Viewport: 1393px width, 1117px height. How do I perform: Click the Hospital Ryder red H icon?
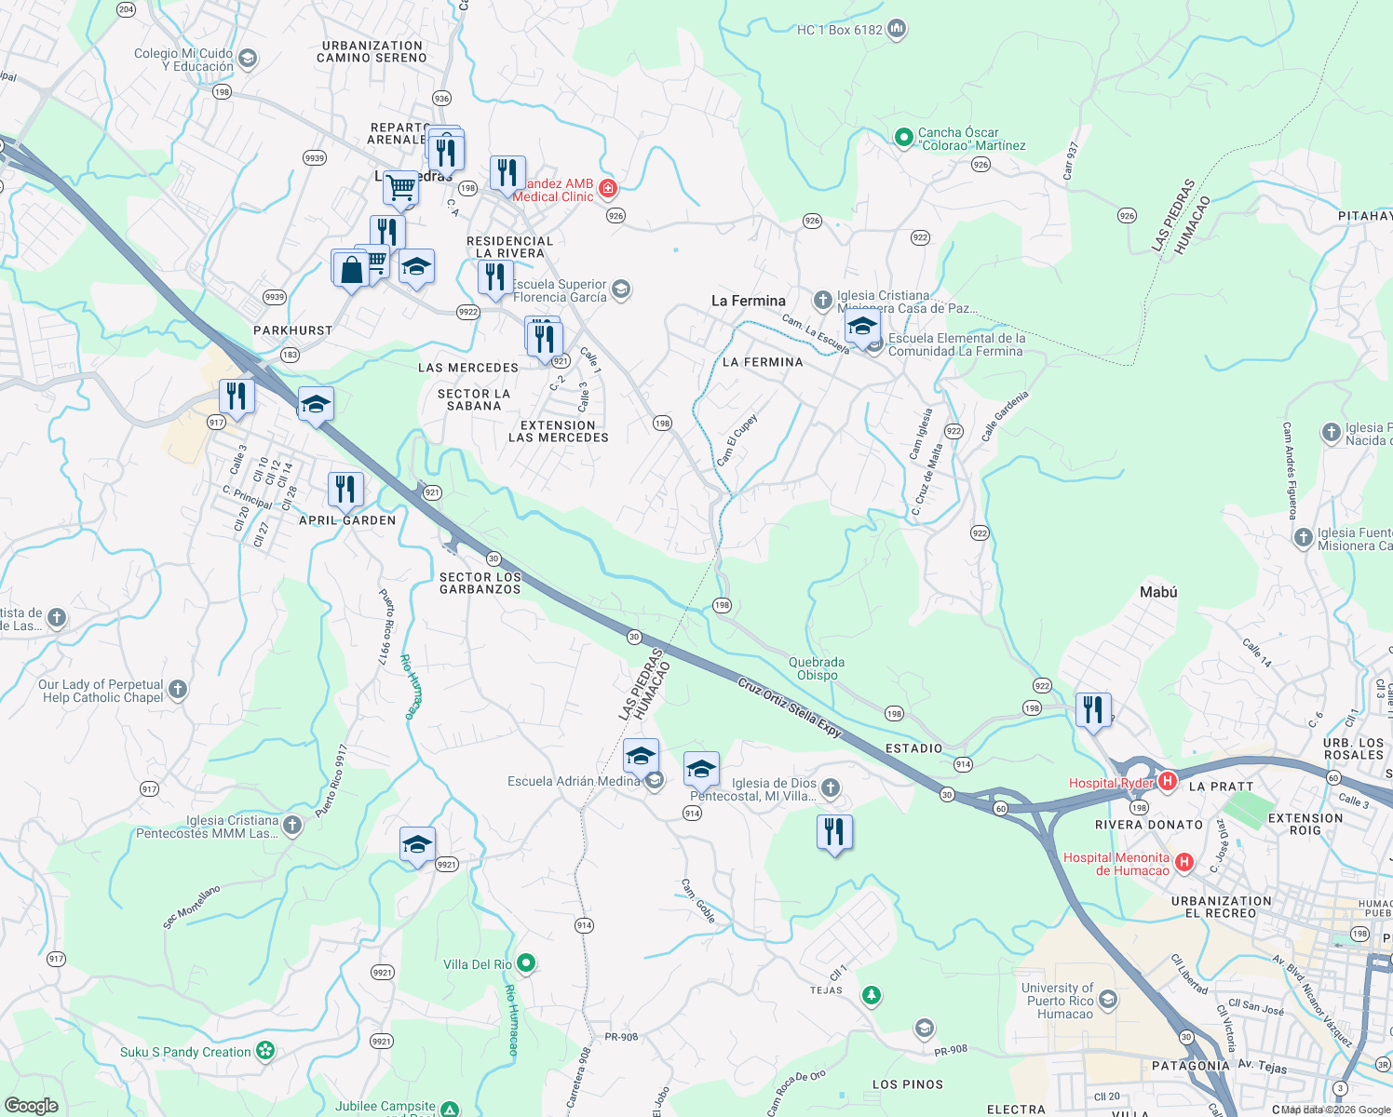click(1168, 781)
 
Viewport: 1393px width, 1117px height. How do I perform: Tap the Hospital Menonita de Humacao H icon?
click(1183, 862)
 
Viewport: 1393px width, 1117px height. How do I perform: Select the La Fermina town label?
click(748, 301)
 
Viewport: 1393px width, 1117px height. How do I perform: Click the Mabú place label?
click(1158, 592)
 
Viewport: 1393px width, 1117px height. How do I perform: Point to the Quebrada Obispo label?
click(817, 668)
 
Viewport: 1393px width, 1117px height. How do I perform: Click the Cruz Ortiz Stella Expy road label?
click(790, 708)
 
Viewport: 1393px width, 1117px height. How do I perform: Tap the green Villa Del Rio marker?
click(526, 963)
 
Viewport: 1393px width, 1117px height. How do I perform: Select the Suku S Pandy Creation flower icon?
click(265, 1051)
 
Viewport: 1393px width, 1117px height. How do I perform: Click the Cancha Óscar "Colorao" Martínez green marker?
click(902, 138)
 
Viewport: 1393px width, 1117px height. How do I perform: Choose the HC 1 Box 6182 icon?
click(897, 29)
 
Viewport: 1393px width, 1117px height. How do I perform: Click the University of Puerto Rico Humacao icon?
click(1107, 1001)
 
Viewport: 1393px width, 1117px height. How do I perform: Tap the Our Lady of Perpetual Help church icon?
click(178, 690)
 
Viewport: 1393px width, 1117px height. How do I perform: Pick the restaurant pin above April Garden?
click(345, 489)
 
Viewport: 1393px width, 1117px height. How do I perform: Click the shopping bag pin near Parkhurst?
click(351, 270)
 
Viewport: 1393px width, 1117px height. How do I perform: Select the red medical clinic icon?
click(607, 189)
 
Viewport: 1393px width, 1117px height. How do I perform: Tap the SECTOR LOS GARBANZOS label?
click(480, 583)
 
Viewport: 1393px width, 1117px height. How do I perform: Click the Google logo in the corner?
click(31, 1105)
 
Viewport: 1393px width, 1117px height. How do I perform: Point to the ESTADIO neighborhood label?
click(913, 748)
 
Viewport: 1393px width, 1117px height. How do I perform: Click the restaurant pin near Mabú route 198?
click(1093, 710)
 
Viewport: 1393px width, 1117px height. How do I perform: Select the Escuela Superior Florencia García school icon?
click(621, 289)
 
